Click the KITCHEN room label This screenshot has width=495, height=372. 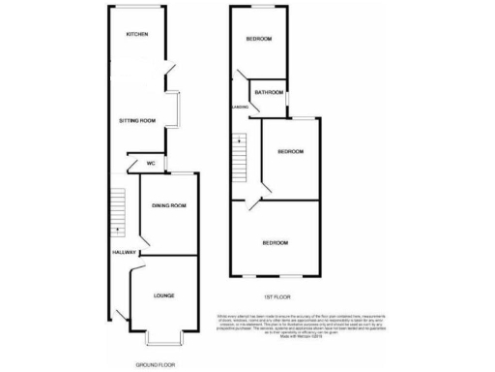point(136,34)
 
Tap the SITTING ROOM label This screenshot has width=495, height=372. point(137,121)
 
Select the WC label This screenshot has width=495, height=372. point(151,163)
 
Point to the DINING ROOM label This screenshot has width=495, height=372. point(168,206)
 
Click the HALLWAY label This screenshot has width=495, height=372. point(123,252)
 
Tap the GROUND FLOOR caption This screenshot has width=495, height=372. point(156,364)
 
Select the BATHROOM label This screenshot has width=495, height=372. point(268,94)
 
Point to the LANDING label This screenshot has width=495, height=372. point(239,107)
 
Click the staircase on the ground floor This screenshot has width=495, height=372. point(117,211)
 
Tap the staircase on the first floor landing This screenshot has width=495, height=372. point(238,156)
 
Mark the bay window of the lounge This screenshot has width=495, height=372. point(161,339)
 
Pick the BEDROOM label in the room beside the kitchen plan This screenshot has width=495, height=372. point(258,39)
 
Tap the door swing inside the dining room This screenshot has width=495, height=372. point(146,232)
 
